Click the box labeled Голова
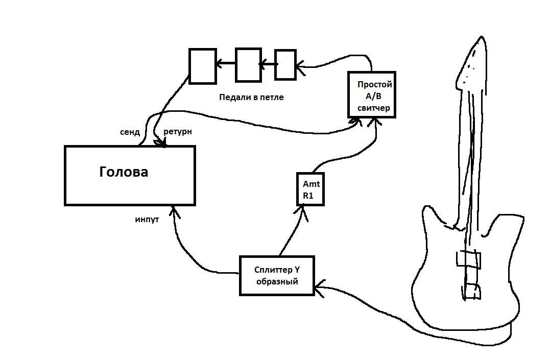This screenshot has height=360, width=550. coord(130,175)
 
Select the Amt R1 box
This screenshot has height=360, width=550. coord(310,189)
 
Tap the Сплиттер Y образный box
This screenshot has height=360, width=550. coord(276,276)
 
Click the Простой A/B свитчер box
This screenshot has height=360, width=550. coord(371,94)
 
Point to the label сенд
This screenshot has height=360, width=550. coord(130,132)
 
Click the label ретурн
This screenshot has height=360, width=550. coord(177,132)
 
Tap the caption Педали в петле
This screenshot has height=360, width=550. coord(251,97)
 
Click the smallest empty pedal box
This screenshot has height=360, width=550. coord(285,64)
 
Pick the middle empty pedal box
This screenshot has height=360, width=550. coord(248,64)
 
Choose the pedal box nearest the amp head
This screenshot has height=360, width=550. coord(202,66)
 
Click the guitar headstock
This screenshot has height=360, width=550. coord(472,64)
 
